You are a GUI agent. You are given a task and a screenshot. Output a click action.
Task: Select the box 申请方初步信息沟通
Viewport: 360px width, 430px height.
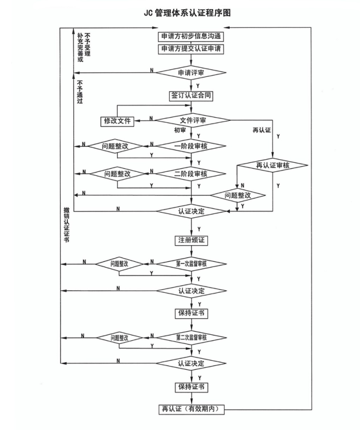coord(191,37)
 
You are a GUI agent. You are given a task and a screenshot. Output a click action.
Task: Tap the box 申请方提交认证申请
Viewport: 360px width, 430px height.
coord(191,49)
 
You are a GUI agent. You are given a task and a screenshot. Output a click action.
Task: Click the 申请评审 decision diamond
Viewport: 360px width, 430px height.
coord(191,71)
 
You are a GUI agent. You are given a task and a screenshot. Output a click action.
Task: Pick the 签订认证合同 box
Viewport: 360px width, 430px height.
coord(191,96)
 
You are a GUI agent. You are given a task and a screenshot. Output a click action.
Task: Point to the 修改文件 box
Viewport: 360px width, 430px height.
coord(117,120)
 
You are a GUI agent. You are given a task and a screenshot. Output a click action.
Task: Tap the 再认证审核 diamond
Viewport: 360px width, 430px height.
coord(272,165)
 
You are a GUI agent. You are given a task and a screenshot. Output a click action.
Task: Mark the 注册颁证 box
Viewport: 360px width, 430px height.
coord(191,239)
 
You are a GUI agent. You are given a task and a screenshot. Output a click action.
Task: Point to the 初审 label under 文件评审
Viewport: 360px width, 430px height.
coord(180,131)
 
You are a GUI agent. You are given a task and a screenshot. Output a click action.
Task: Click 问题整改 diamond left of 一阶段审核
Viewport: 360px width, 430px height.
coord(114,146)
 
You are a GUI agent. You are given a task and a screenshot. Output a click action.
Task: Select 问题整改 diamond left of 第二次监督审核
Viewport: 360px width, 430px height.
coord(119,338)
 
